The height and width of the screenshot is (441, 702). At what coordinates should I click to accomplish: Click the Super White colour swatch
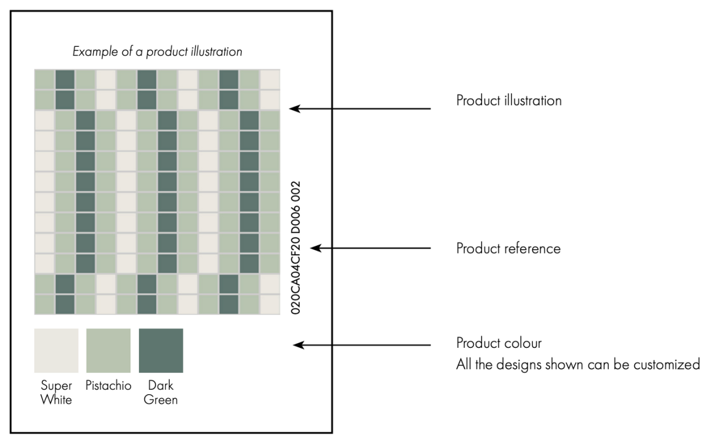pos(56,351)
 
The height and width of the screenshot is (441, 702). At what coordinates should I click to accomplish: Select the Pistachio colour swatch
pos(109,351)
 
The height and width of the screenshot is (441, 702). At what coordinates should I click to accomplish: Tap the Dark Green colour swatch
pos(161,351)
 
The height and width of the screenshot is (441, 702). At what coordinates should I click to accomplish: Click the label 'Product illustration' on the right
pos(509,101)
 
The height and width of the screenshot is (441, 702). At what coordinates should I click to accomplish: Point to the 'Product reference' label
pos(508,249)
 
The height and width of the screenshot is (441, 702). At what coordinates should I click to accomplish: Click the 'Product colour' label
pos(499,343)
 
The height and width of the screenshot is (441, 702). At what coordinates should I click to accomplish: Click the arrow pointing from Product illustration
pos(360,109)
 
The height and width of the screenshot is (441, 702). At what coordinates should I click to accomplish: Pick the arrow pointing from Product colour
pos(361,346)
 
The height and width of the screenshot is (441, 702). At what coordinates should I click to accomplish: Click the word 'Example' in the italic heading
pos(90,53)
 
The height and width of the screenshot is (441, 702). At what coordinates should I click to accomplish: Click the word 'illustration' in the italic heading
pos(220,53)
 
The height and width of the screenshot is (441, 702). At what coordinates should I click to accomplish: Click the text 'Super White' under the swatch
pos(56,392)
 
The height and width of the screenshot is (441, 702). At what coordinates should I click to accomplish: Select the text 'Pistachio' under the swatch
pos(109,385)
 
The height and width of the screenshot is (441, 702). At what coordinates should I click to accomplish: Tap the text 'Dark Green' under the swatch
pos(161,392)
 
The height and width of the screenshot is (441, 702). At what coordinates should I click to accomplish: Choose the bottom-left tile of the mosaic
pos(44,304)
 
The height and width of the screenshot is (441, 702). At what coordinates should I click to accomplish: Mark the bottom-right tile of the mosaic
pos(270,304)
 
